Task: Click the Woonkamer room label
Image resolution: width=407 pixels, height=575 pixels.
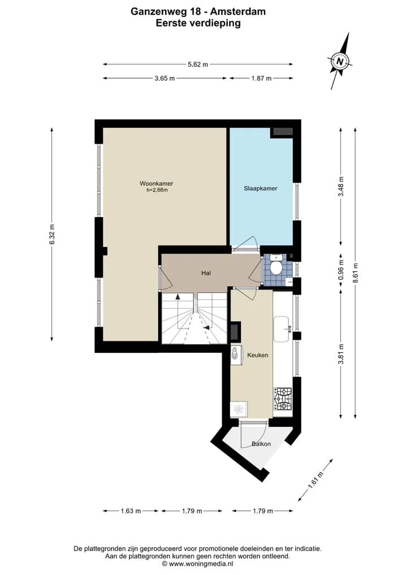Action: coord(156,184)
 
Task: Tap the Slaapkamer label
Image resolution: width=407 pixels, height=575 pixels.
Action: coord(261,188)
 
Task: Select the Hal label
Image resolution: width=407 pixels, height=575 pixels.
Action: coord(206,273)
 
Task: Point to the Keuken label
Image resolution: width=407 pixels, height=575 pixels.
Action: coord(257,355)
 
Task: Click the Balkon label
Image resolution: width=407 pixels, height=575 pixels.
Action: coord(261,444)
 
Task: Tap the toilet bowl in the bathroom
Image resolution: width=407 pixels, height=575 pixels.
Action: coord(276,267)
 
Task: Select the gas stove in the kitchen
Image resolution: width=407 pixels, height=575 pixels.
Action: coord(283,399)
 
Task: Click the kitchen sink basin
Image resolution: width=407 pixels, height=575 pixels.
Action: coord(282,329)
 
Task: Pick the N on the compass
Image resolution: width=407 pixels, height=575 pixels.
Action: coord(340,61)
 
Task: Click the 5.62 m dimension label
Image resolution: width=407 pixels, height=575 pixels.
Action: coord(198,64)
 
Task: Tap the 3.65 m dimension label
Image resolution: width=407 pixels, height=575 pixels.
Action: coord(164,78)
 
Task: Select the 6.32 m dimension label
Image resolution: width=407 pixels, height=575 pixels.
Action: coord(51,234)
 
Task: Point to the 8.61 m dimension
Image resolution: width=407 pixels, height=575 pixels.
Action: coord(355,273)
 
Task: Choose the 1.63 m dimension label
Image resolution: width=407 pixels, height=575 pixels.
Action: coord(131,511)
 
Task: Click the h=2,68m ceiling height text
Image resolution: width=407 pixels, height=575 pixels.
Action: coord(157,191)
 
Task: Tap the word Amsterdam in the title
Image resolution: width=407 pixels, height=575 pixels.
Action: coord(238,12)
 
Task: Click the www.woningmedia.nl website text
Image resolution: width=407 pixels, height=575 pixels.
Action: coord(201,564)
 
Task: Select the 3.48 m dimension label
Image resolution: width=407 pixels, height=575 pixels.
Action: coord(341,187)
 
